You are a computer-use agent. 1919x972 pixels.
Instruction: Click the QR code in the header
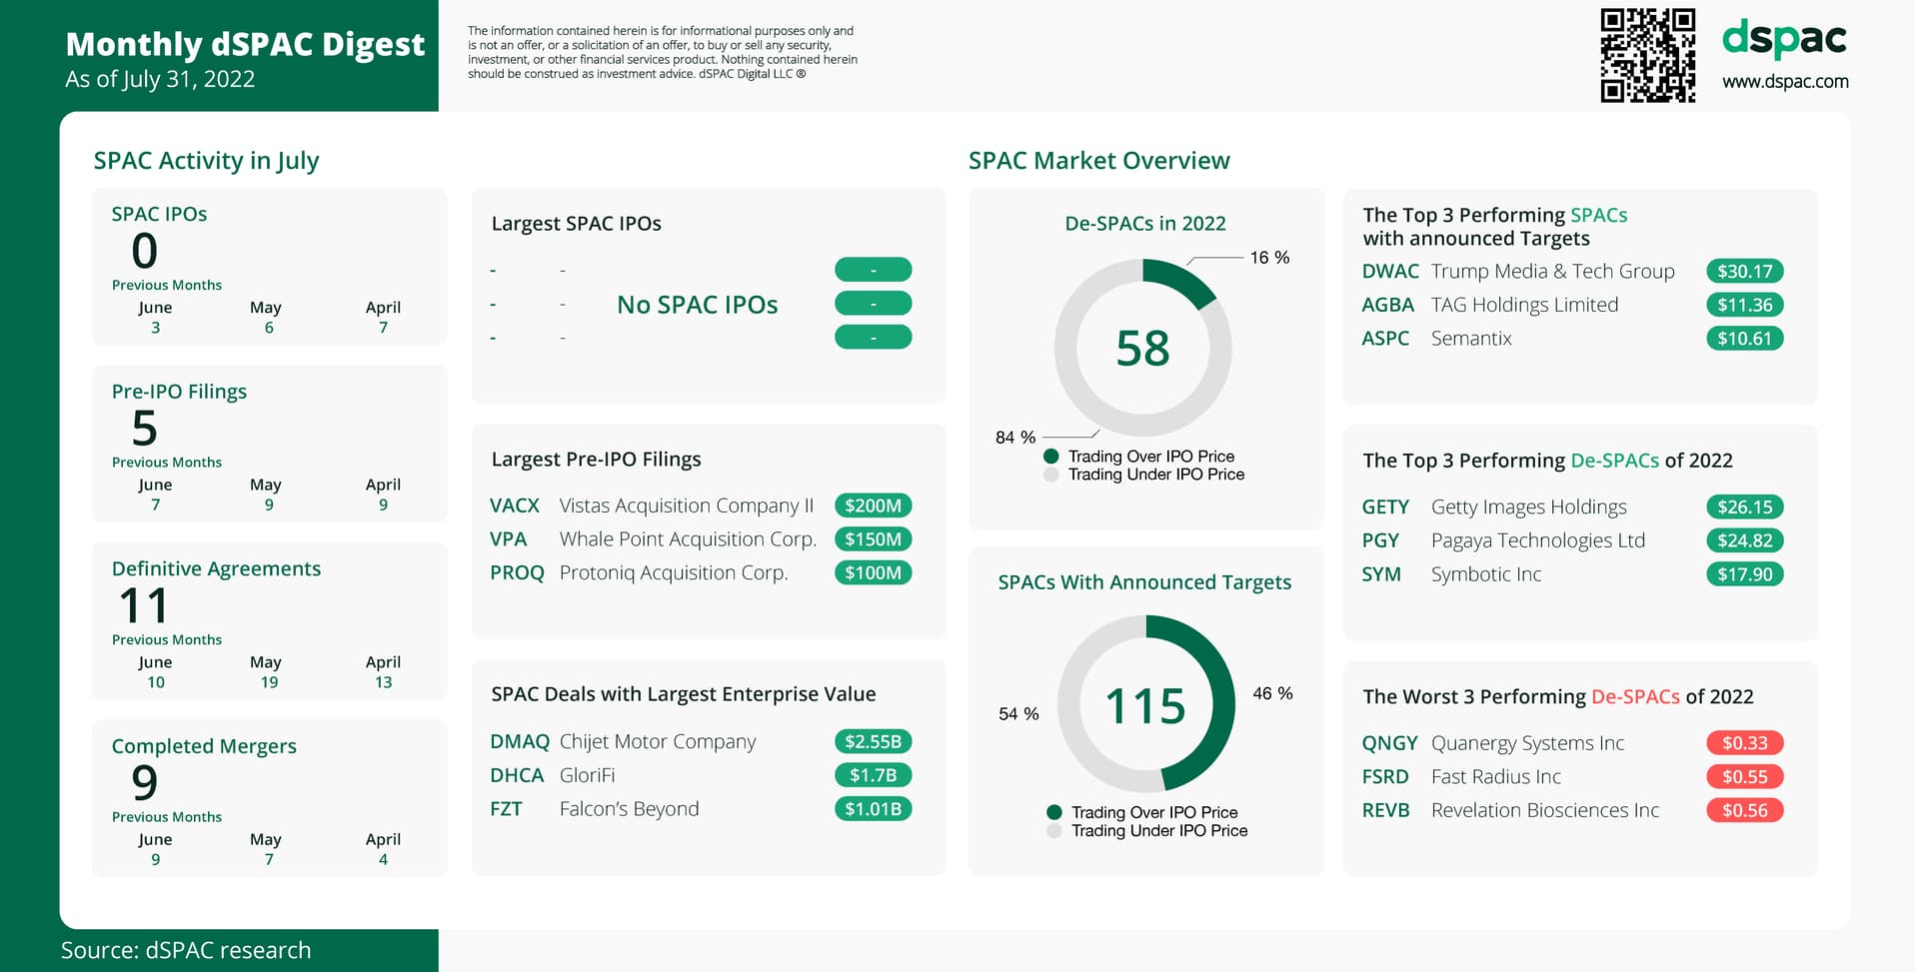(1647, 56)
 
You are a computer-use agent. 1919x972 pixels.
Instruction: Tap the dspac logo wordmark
(1784, 40)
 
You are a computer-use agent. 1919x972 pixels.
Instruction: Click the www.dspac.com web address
(1785, 82)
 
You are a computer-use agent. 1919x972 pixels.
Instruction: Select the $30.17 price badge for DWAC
(1744, 272)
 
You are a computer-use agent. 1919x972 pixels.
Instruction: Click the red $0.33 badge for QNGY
(1744, 743)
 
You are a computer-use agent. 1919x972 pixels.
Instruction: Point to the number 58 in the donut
(1142, 349)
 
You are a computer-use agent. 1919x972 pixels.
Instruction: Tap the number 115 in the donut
(1145, 706)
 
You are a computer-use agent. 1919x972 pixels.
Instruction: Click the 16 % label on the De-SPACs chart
(1269, 258)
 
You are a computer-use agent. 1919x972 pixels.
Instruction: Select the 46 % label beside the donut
(1272, 693)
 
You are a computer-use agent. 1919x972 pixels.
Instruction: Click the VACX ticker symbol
(515, 506)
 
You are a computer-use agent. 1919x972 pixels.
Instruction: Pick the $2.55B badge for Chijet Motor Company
(873, 742)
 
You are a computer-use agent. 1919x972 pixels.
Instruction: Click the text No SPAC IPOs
(697, 305)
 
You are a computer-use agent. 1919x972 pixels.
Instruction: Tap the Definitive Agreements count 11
(144, 605)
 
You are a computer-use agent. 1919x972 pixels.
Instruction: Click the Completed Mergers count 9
(145, 782)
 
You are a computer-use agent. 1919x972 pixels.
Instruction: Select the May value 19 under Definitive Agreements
(269, 682)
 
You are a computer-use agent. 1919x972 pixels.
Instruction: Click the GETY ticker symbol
(1385, 507)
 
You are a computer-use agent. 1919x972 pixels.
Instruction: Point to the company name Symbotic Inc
(1486, 574)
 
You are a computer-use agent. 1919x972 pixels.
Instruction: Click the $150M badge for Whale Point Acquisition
(873, 539)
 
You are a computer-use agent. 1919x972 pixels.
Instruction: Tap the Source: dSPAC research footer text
(186, 950)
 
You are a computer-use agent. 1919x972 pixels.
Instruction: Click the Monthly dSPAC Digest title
(245, 45)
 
